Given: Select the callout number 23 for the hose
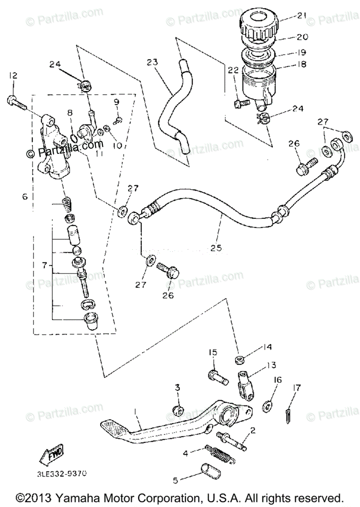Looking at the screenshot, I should tap(152, 63).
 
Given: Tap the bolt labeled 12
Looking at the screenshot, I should tap(14, 101).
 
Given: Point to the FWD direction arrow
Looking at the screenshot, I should tap(50, 456).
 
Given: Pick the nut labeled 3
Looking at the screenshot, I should tap(178, 409).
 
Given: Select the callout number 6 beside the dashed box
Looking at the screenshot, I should tap(25, 196).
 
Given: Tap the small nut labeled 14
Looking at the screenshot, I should tap(239, 360).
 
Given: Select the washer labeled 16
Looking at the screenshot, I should tap(267, 406).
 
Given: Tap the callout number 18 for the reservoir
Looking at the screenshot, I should tap(301, 65).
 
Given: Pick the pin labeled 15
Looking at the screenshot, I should tap(218, 376).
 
